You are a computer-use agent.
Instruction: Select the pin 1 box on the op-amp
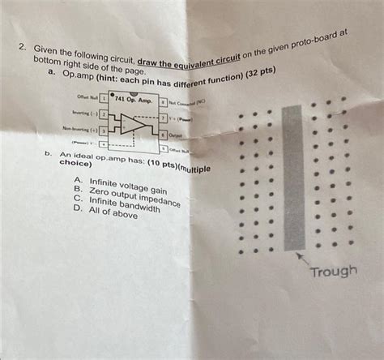(x=103, y=99)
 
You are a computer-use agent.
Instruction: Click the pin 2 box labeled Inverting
(x=103, y=114)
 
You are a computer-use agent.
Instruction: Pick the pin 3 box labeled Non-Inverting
(x=103, y=129)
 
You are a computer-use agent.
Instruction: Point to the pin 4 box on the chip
(x=103, y=144)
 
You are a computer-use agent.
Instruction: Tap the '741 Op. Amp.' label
(x=133, y=99)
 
